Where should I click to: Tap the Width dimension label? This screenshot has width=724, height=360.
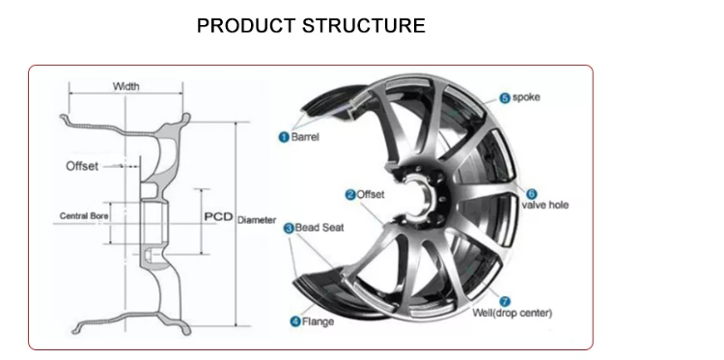pos(125,87)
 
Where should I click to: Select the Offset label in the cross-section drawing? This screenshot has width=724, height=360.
pos(81,166)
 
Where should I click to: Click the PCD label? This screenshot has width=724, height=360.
pos(219,216)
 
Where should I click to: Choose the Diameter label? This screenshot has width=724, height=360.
pos(257,219)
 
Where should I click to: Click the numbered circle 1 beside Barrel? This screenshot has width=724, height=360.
pos(284,138)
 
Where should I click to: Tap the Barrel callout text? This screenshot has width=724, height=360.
pos(305,138)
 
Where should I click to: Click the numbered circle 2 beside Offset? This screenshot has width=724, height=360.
pos(349,194)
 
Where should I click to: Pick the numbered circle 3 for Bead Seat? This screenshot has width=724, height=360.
pos(288,228)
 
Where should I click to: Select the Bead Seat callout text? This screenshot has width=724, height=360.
pos(320,228)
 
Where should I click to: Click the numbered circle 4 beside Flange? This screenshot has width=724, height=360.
pos(295,320)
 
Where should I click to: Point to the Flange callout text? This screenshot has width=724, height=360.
pos(319,320)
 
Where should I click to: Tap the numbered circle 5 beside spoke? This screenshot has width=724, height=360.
pos(504,97)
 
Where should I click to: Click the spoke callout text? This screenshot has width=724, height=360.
pos(527,97)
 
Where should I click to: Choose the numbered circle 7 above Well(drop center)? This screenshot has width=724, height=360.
pos(506,300)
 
